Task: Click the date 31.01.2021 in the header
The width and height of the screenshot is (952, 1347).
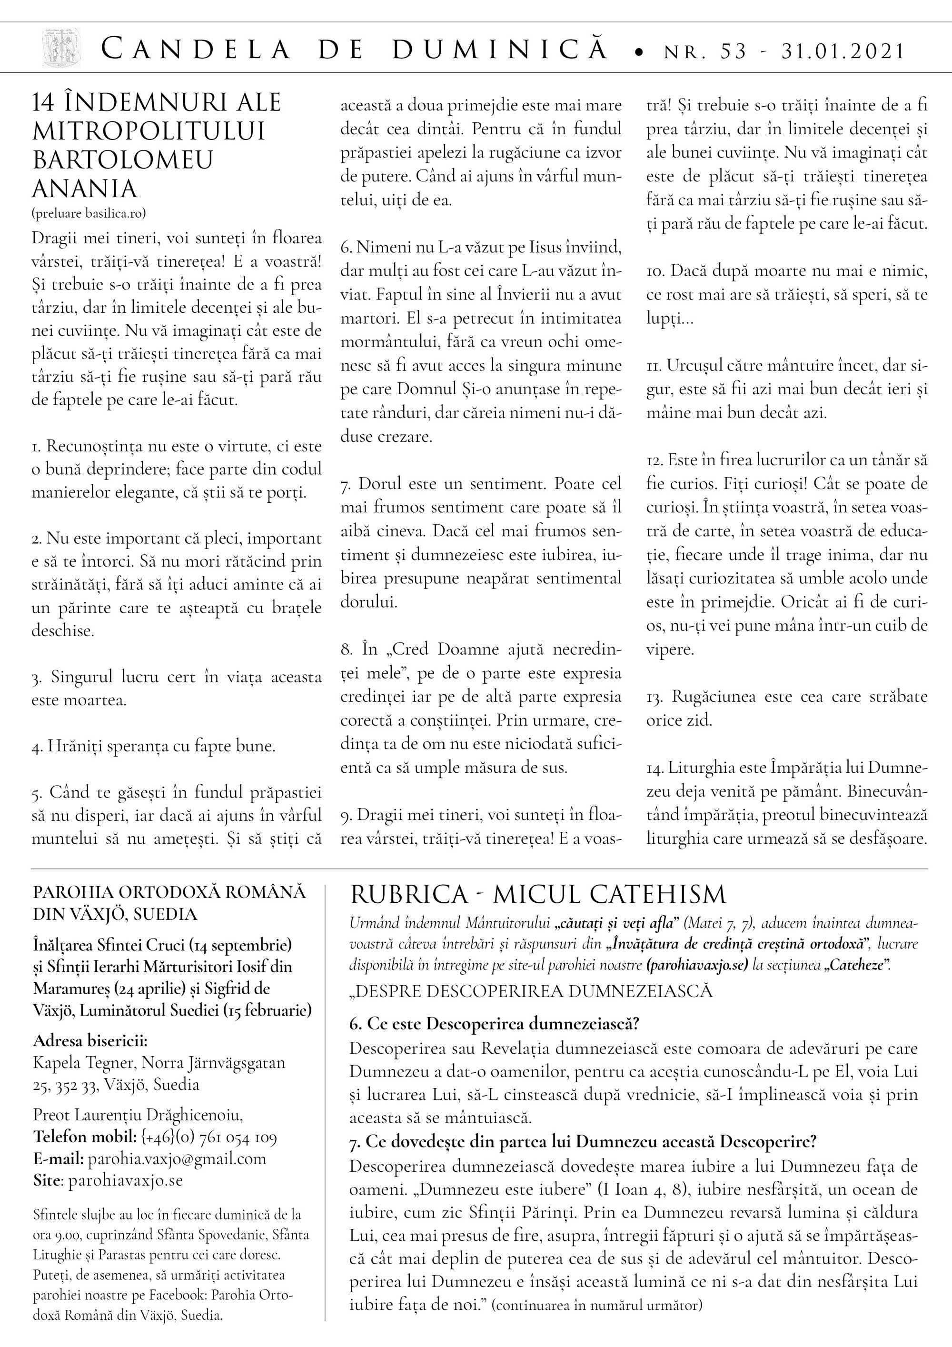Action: [843, 51]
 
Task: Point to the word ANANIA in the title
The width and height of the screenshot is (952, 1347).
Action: [84, 189]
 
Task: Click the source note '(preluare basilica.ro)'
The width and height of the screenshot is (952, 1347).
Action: [89, 213]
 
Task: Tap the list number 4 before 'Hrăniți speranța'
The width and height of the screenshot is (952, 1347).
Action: [36, 748]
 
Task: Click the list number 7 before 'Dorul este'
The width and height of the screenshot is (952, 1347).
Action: [345, 485]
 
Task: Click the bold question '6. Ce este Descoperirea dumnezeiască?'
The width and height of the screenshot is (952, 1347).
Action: [493, 1024]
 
